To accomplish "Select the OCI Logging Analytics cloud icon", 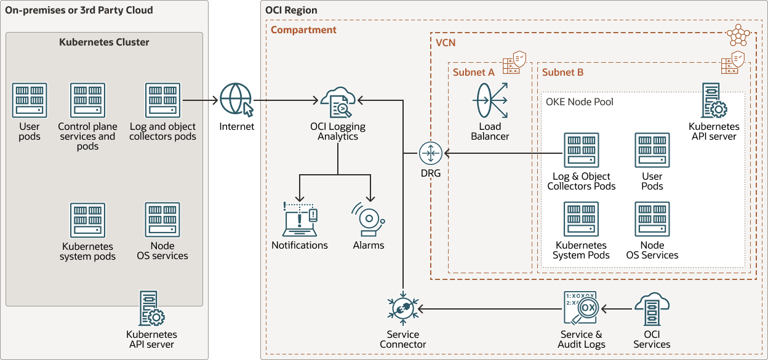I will (x=337, y=102).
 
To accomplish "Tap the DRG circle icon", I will (x=431, y=153).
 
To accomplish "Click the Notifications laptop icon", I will (x=300, y=219).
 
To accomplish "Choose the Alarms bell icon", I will (x=368, y=219).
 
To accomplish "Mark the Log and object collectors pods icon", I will (x=163, y=100).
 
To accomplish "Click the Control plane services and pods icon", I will (x=88, y=100).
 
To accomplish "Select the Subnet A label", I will (x=473, y=72).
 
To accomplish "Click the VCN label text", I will (x=446, y=43).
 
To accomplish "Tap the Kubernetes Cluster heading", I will (x=104, y=42).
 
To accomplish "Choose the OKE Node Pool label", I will (x=579, y=102).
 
